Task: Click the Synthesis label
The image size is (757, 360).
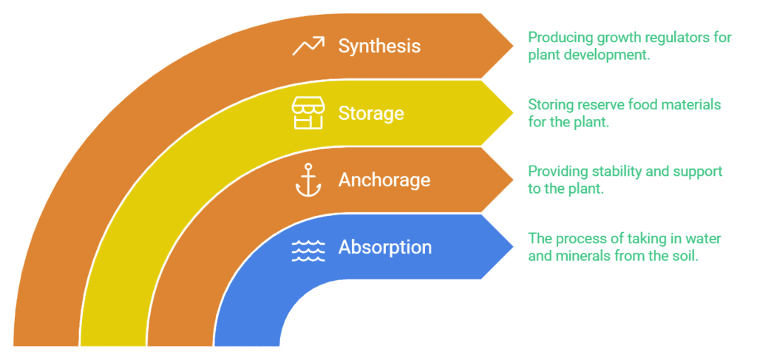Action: pyautogui.click(x=379, y=46)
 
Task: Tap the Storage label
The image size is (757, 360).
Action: pyautogui.click(x=371, y=113)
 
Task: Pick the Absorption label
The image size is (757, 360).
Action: pyautogui.click(x=384, y=247)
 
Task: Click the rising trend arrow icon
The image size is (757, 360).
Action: pyautogui.click(x=308, y=46)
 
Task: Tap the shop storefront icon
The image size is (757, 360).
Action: pyautogui.click(x=308, y=113)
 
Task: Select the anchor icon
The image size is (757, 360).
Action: pyautogui.click(x=308, y=180)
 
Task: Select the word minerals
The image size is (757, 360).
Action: pyautogui.click(x=583, y=257)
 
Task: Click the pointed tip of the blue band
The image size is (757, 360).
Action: pyautogui.click(x=513, y=246)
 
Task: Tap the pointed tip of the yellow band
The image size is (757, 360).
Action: pyautogui.click(x=513, y=112)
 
